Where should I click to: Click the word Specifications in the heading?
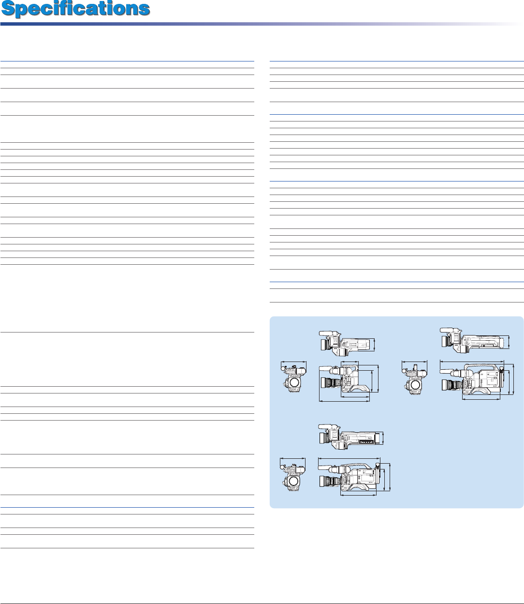click(75, 9)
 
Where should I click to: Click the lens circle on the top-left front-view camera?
click(294, 383)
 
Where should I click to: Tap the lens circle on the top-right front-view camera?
click(415, 385)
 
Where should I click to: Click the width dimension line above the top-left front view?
click(294, 362)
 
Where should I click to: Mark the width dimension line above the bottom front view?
click(293, 459)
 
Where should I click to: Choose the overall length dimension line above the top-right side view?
click(472, 361)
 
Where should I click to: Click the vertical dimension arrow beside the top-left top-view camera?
click(375, 345)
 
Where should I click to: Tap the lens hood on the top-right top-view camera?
click(443, 341)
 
